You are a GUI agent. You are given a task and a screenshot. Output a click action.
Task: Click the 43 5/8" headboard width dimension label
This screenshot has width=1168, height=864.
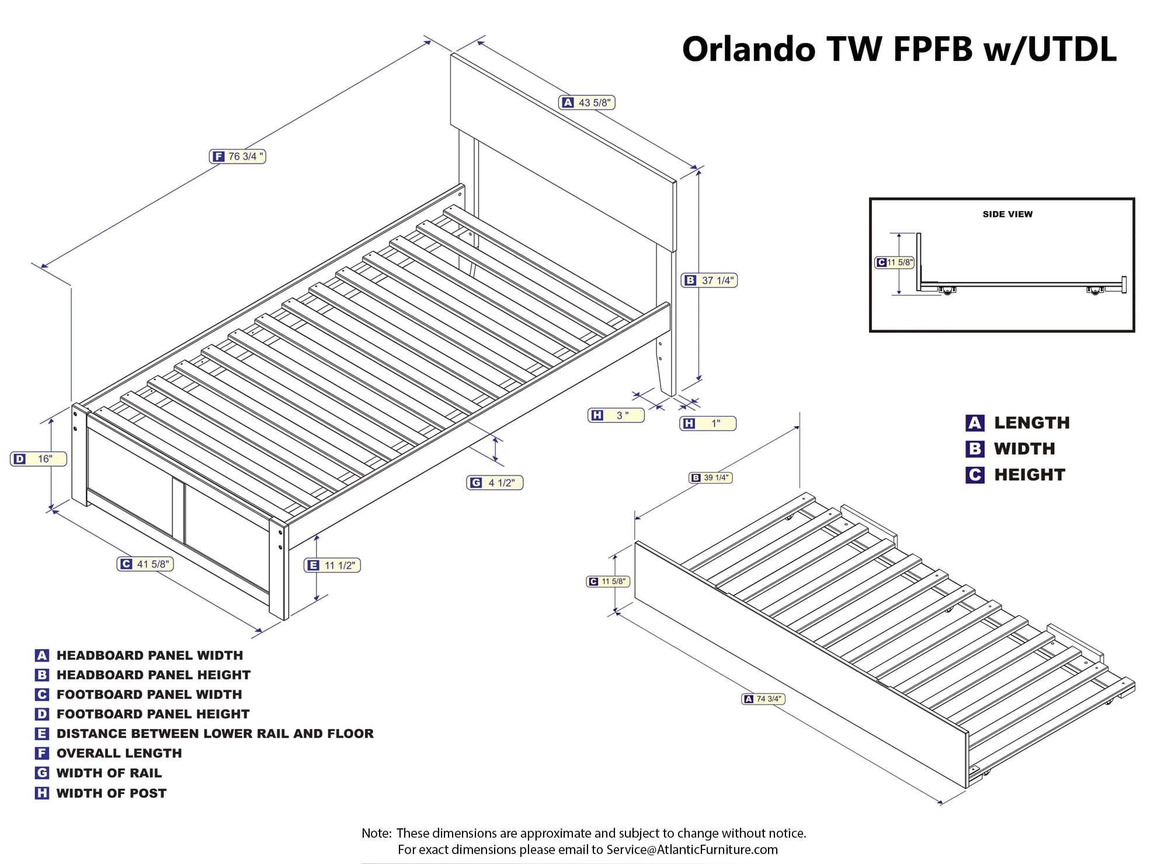(588, 103)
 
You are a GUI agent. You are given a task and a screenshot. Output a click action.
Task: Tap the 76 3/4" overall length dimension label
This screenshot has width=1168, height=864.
(238, 157)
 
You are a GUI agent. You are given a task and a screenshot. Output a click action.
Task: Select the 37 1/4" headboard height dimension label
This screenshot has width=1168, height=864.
(710, 280)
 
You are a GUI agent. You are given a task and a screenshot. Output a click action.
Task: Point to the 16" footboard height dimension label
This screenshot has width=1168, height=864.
(39, 459)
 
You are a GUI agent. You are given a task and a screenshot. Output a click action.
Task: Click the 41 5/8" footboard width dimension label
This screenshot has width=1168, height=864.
(145, 564)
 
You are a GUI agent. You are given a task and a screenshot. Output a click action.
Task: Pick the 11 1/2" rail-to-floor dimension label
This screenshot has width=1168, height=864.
(332, 565)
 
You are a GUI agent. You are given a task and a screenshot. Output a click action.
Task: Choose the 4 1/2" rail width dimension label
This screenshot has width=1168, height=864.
(495, 483)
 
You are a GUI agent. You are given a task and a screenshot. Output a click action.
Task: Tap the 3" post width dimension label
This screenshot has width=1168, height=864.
(616, 415)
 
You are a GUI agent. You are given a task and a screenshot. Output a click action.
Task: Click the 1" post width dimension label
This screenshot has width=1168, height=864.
(708, 424)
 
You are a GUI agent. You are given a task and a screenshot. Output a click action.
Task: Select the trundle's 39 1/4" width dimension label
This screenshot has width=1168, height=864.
(711, 478)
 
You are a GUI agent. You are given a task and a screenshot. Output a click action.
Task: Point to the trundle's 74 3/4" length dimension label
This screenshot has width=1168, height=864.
(763, 699)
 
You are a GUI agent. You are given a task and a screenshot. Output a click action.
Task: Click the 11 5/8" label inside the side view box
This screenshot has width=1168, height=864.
(894, 263)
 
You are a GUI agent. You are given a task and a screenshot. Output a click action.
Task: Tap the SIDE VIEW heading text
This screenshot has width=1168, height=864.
(1007, 214)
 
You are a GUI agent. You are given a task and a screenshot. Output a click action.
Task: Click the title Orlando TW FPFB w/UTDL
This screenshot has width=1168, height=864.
(899, 49)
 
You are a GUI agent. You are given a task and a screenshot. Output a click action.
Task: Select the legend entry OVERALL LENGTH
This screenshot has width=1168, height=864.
(119, 754)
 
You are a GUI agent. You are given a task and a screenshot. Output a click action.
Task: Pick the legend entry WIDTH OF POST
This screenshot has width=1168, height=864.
(111, 793)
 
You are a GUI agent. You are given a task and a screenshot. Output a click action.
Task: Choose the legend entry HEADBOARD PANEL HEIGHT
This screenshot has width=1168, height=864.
(153, 675)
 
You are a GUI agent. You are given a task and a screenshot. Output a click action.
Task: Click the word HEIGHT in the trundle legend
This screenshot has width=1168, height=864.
(1030, 475)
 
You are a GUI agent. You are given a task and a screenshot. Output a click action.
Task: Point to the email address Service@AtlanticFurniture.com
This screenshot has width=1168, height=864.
(692, 849)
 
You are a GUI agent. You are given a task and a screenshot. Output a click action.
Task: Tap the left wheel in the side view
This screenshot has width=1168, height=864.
(947, 290)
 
